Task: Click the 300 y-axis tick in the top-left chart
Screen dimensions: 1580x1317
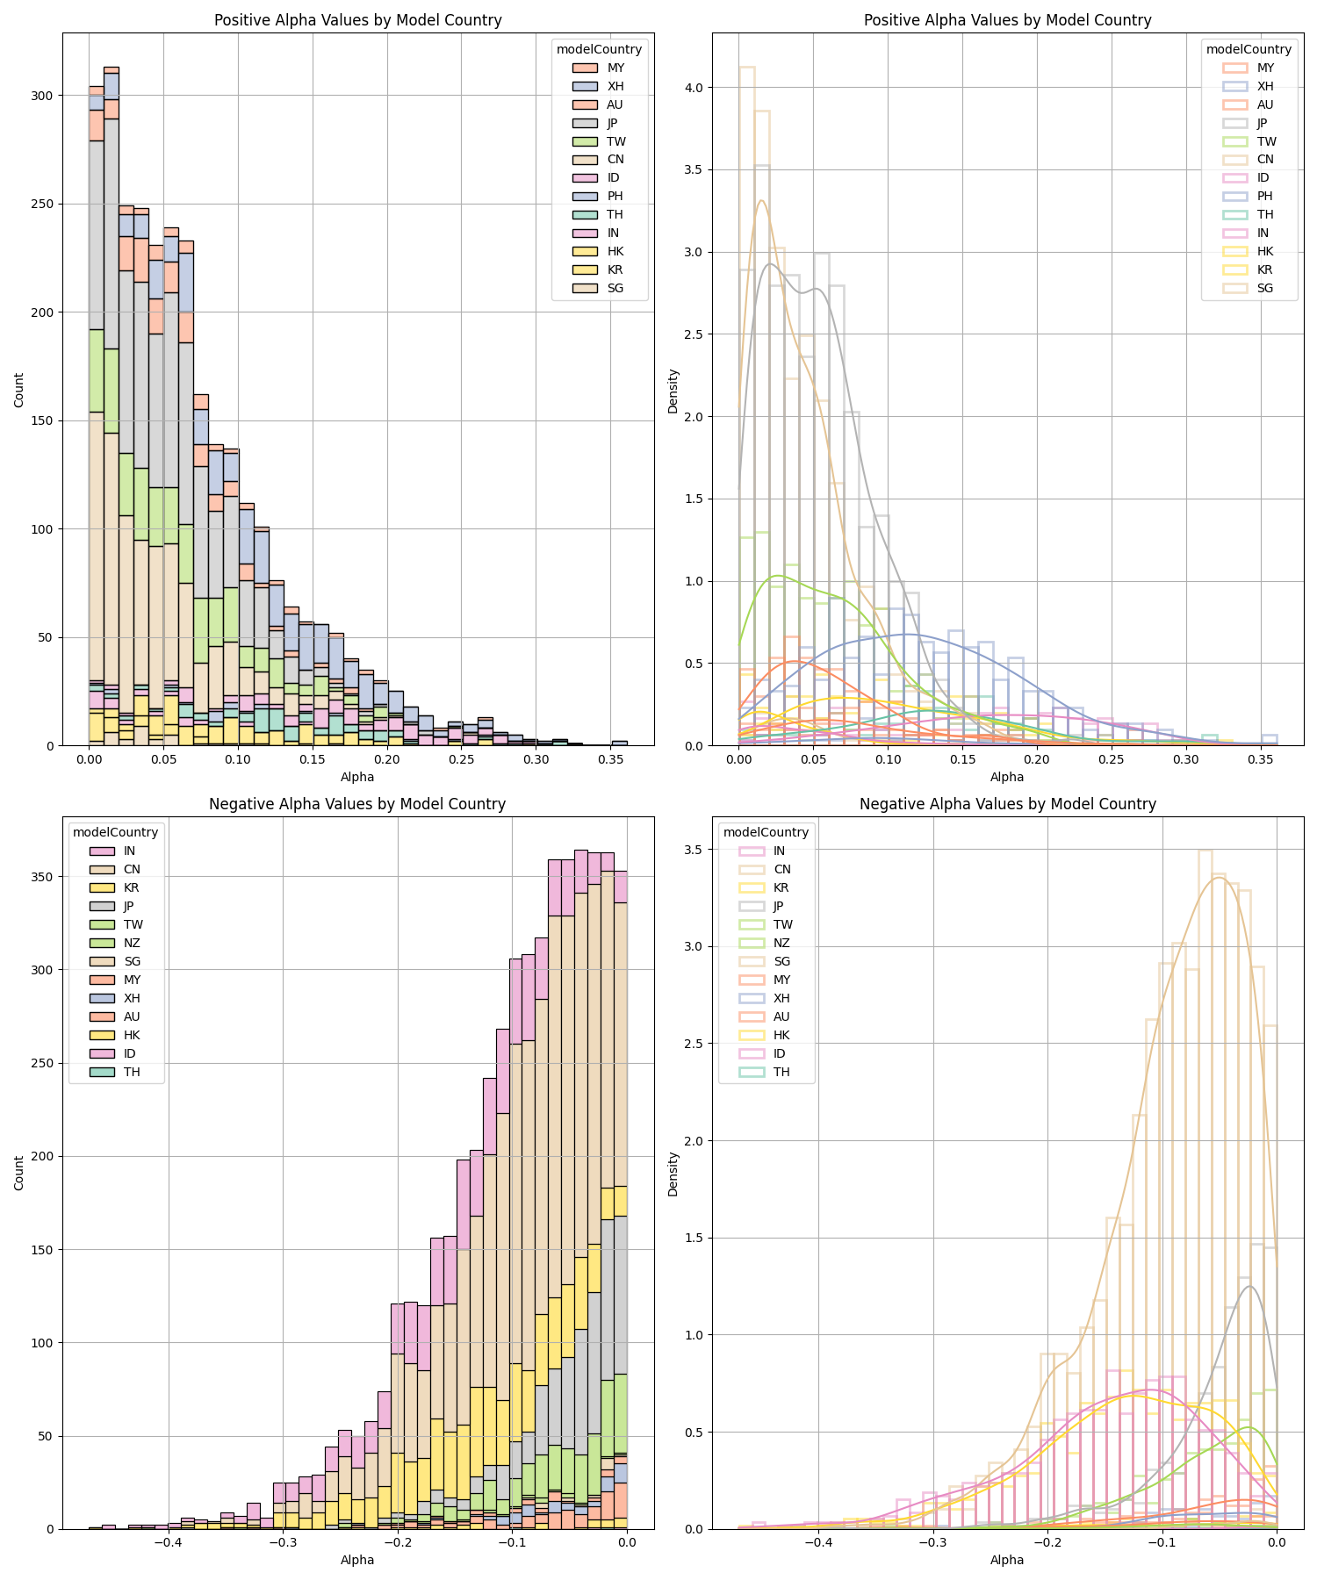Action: coord(42,96)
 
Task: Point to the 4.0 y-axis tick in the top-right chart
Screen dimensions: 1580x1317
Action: coord(698,88)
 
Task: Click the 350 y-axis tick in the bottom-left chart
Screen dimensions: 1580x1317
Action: coord(42,877)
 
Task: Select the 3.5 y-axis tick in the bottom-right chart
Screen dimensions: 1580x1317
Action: coord(698,850)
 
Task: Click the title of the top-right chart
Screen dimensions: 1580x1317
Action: coord(1007,20)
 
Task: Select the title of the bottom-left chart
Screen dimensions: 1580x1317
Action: coord(357,804)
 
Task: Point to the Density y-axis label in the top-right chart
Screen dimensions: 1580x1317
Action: coord(673,391)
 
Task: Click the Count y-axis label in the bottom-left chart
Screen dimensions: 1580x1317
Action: coord(19,1173)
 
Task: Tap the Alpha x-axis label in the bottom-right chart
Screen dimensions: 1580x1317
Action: coord(1007,1560)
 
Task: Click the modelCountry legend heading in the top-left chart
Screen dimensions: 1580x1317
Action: coord(599,49)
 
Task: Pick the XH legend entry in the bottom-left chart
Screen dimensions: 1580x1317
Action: coord(132,998)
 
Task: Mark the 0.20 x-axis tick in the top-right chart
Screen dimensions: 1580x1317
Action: coord(1037,758)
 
